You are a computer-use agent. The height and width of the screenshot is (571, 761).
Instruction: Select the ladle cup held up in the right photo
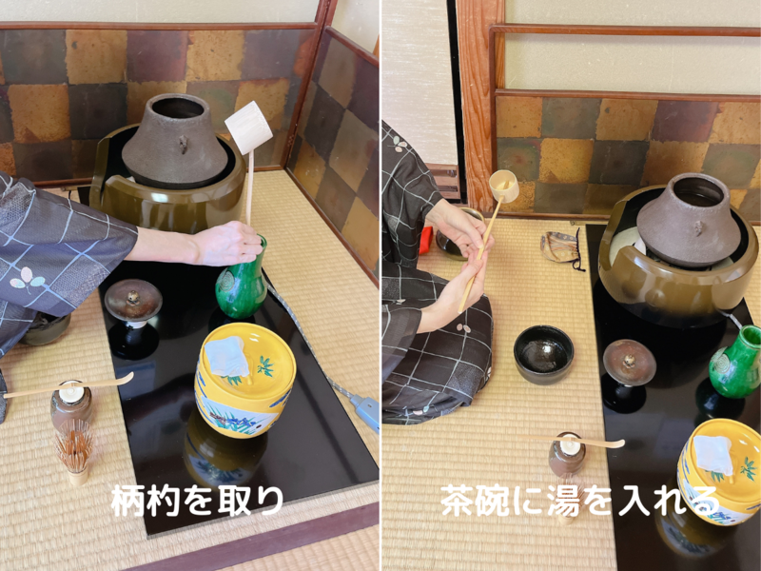(x=503, y=186)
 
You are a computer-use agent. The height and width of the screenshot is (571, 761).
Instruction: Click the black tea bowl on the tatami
(x=543, y=353)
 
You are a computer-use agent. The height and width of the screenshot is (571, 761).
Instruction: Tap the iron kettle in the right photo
(x=687, y=218)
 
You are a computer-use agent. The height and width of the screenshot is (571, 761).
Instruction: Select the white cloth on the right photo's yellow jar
(x=712, y=455)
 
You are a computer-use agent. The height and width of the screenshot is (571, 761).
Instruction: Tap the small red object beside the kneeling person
(x=424, y=240)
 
